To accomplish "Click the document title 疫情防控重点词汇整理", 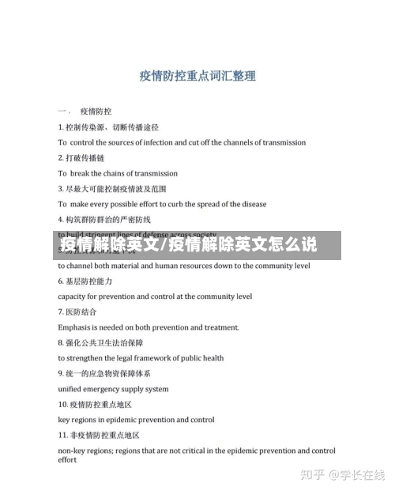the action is [197, 77].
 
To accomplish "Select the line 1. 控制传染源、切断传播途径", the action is [108, 127].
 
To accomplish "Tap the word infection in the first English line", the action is [175, 142].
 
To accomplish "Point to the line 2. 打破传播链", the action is [81, 157].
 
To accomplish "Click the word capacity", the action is [75, 296].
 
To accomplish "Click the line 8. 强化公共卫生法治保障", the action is [100, 342].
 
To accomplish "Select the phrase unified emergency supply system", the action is [113, 389].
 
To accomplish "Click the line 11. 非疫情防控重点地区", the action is [99, 435].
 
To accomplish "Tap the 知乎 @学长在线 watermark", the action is [348, 474].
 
